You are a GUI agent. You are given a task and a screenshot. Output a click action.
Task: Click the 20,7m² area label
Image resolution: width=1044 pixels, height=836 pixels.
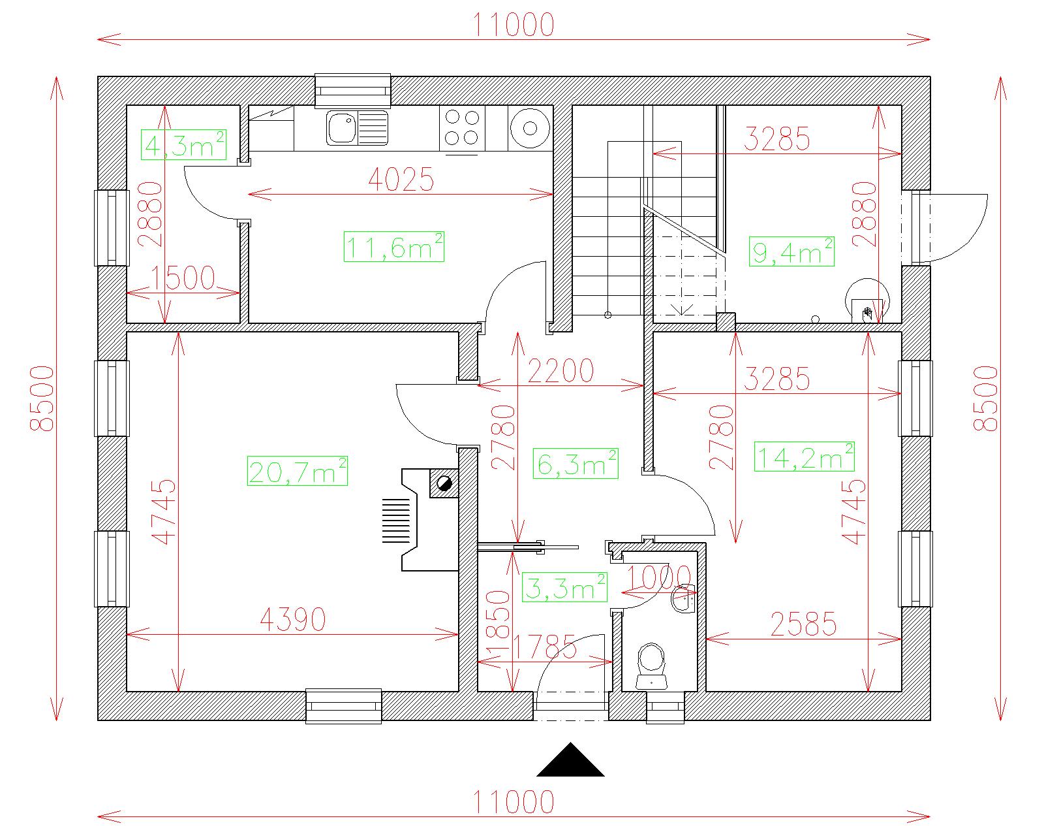[x=298, y=471]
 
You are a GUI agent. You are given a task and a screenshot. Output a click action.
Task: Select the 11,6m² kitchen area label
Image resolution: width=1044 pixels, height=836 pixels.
[x=394, y=247]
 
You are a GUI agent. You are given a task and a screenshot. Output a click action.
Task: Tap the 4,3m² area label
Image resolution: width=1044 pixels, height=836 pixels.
[x=184, y=144]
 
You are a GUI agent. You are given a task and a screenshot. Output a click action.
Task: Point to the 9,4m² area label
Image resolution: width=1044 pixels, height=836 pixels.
[x=791, y=251]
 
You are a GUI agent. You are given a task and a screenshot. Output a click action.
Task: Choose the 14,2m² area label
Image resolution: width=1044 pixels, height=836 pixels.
[x=805, y=456]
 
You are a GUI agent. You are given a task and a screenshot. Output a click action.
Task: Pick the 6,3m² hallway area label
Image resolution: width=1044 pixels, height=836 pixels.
[x=576, y=464]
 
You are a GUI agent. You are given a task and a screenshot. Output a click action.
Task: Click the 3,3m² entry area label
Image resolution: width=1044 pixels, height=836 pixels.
[x=564, y=587]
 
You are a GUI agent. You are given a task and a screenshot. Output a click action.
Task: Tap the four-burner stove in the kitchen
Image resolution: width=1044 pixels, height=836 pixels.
[x=463, y=128]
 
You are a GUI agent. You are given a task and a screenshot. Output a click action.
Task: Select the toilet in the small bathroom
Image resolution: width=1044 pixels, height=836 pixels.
[x=652, y=666]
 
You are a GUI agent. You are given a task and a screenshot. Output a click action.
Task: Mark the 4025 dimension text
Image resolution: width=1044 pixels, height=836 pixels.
[x=401, y=180]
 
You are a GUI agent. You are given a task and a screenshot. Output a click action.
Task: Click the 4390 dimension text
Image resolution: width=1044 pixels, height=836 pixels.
[x=293, y=619]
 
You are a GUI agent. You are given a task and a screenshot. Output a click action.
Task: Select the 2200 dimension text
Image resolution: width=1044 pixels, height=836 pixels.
[x=560, y=371]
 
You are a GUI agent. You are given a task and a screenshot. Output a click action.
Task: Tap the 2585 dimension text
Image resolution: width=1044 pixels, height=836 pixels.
[x=804, y=624]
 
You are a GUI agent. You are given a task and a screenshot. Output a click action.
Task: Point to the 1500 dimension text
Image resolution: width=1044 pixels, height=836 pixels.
[x=182, y=278]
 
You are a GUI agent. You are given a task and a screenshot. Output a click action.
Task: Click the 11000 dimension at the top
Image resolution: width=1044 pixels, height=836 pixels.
[x=514, y=25]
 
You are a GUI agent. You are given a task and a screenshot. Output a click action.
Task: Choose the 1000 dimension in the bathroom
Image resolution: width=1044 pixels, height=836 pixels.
[x=659, y=577]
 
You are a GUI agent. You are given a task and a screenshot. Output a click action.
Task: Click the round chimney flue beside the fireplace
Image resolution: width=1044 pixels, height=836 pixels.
[x=444, y=483]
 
